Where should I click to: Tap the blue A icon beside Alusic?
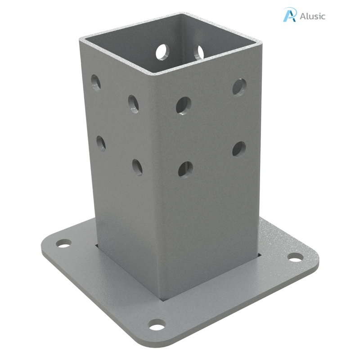pyautogui.click(x=289, y=14)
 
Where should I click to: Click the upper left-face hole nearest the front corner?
pyautogui.click(x=134, y=103)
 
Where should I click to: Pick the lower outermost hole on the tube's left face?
pyautogui.click(x=101, y=143)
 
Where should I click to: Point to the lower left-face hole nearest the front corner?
pyautogui.click(x=137, y=167)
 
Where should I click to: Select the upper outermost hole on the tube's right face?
pyautogui.click(x=239, y=86)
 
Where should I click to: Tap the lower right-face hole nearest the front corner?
pyautogui.click(x=185, y=169)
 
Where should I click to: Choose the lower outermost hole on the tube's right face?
pyautogui.click(x=239, y=148)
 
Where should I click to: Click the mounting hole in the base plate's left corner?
pyautogui.click(x=63, y=243)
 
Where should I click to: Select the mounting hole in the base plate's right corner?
pyautogui.click(x=295, y=257)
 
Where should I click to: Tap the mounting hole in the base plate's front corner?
pyautogui.click(x=157, y=324)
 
